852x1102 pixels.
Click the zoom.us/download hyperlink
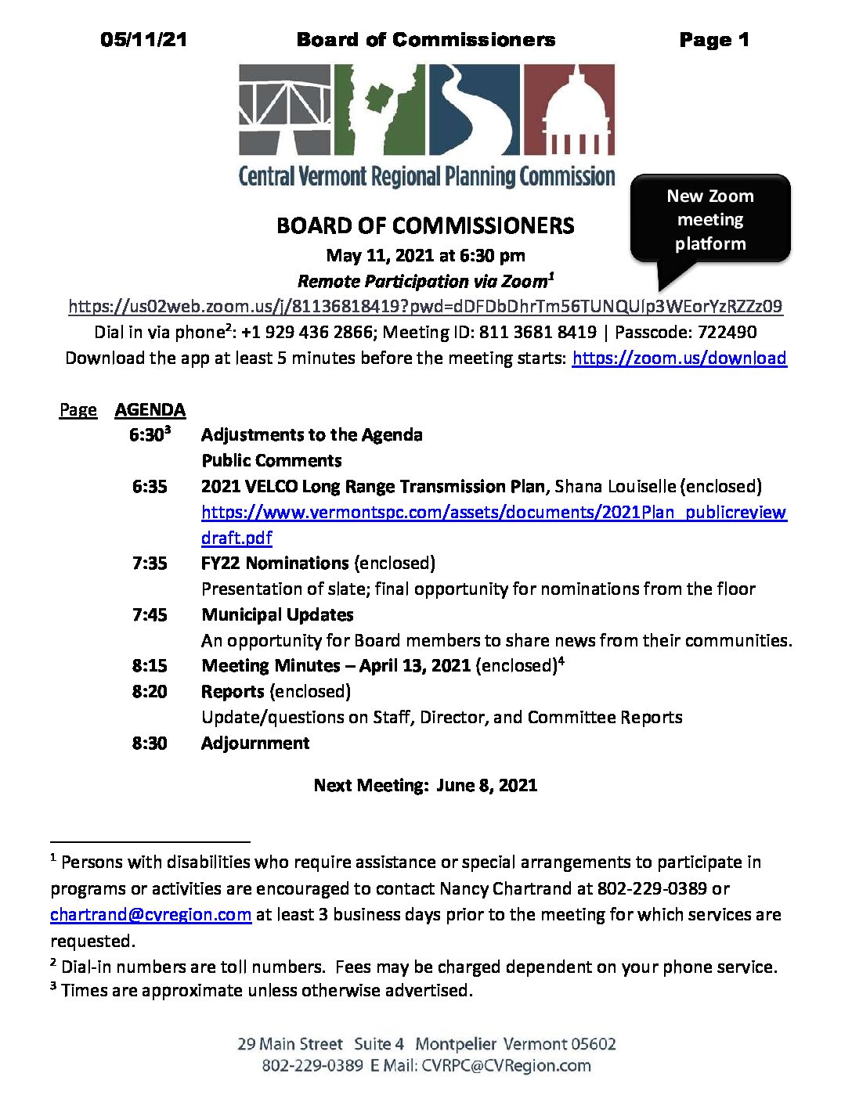(x=679, y=358)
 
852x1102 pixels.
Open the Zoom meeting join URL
(x=425, y=306)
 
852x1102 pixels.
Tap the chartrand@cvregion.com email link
(x=150, y=914)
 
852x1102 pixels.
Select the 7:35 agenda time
(x=150, y=563)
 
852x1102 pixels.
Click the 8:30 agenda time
(x=150, y=743)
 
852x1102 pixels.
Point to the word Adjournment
(x=255, y=743)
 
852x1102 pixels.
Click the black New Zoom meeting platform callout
(x=710, y=219)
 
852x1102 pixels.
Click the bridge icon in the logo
(x=284, y=110)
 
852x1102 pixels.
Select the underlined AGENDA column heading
(x=150, y=409)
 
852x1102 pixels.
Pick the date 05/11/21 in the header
(x=144, y=40)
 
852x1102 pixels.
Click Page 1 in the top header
(x=714, y=40)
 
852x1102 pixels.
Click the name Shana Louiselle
(x=614, y=486)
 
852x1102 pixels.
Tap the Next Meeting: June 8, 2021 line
(x=425, y=785)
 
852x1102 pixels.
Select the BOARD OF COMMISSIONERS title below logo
(x=425, y=226)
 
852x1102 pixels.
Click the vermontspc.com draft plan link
(x=493, y=513)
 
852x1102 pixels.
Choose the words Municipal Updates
(x=277, y=614)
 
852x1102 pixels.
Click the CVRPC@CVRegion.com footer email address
(x=506, y=1065)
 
